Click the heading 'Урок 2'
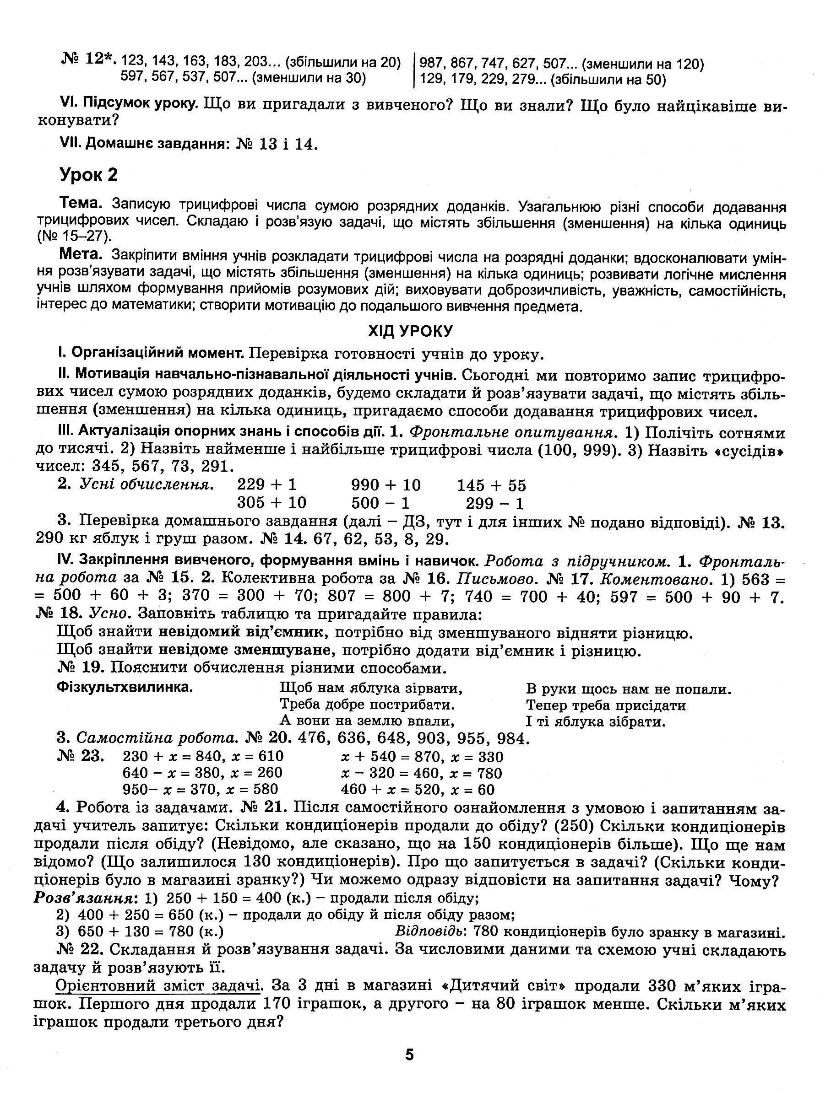click(x=89, y=175)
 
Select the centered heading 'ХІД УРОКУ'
click(x=410, y=331)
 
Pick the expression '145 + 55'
click(x=491, y=484)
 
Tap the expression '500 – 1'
click(x=380, y=503)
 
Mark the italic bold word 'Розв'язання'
click(x=85, y=898)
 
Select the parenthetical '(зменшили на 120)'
click(x=642, y=64)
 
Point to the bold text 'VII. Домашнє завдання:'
click(x=146, y=144)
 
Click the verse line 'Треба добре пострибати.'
click(x=367, y=704)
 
